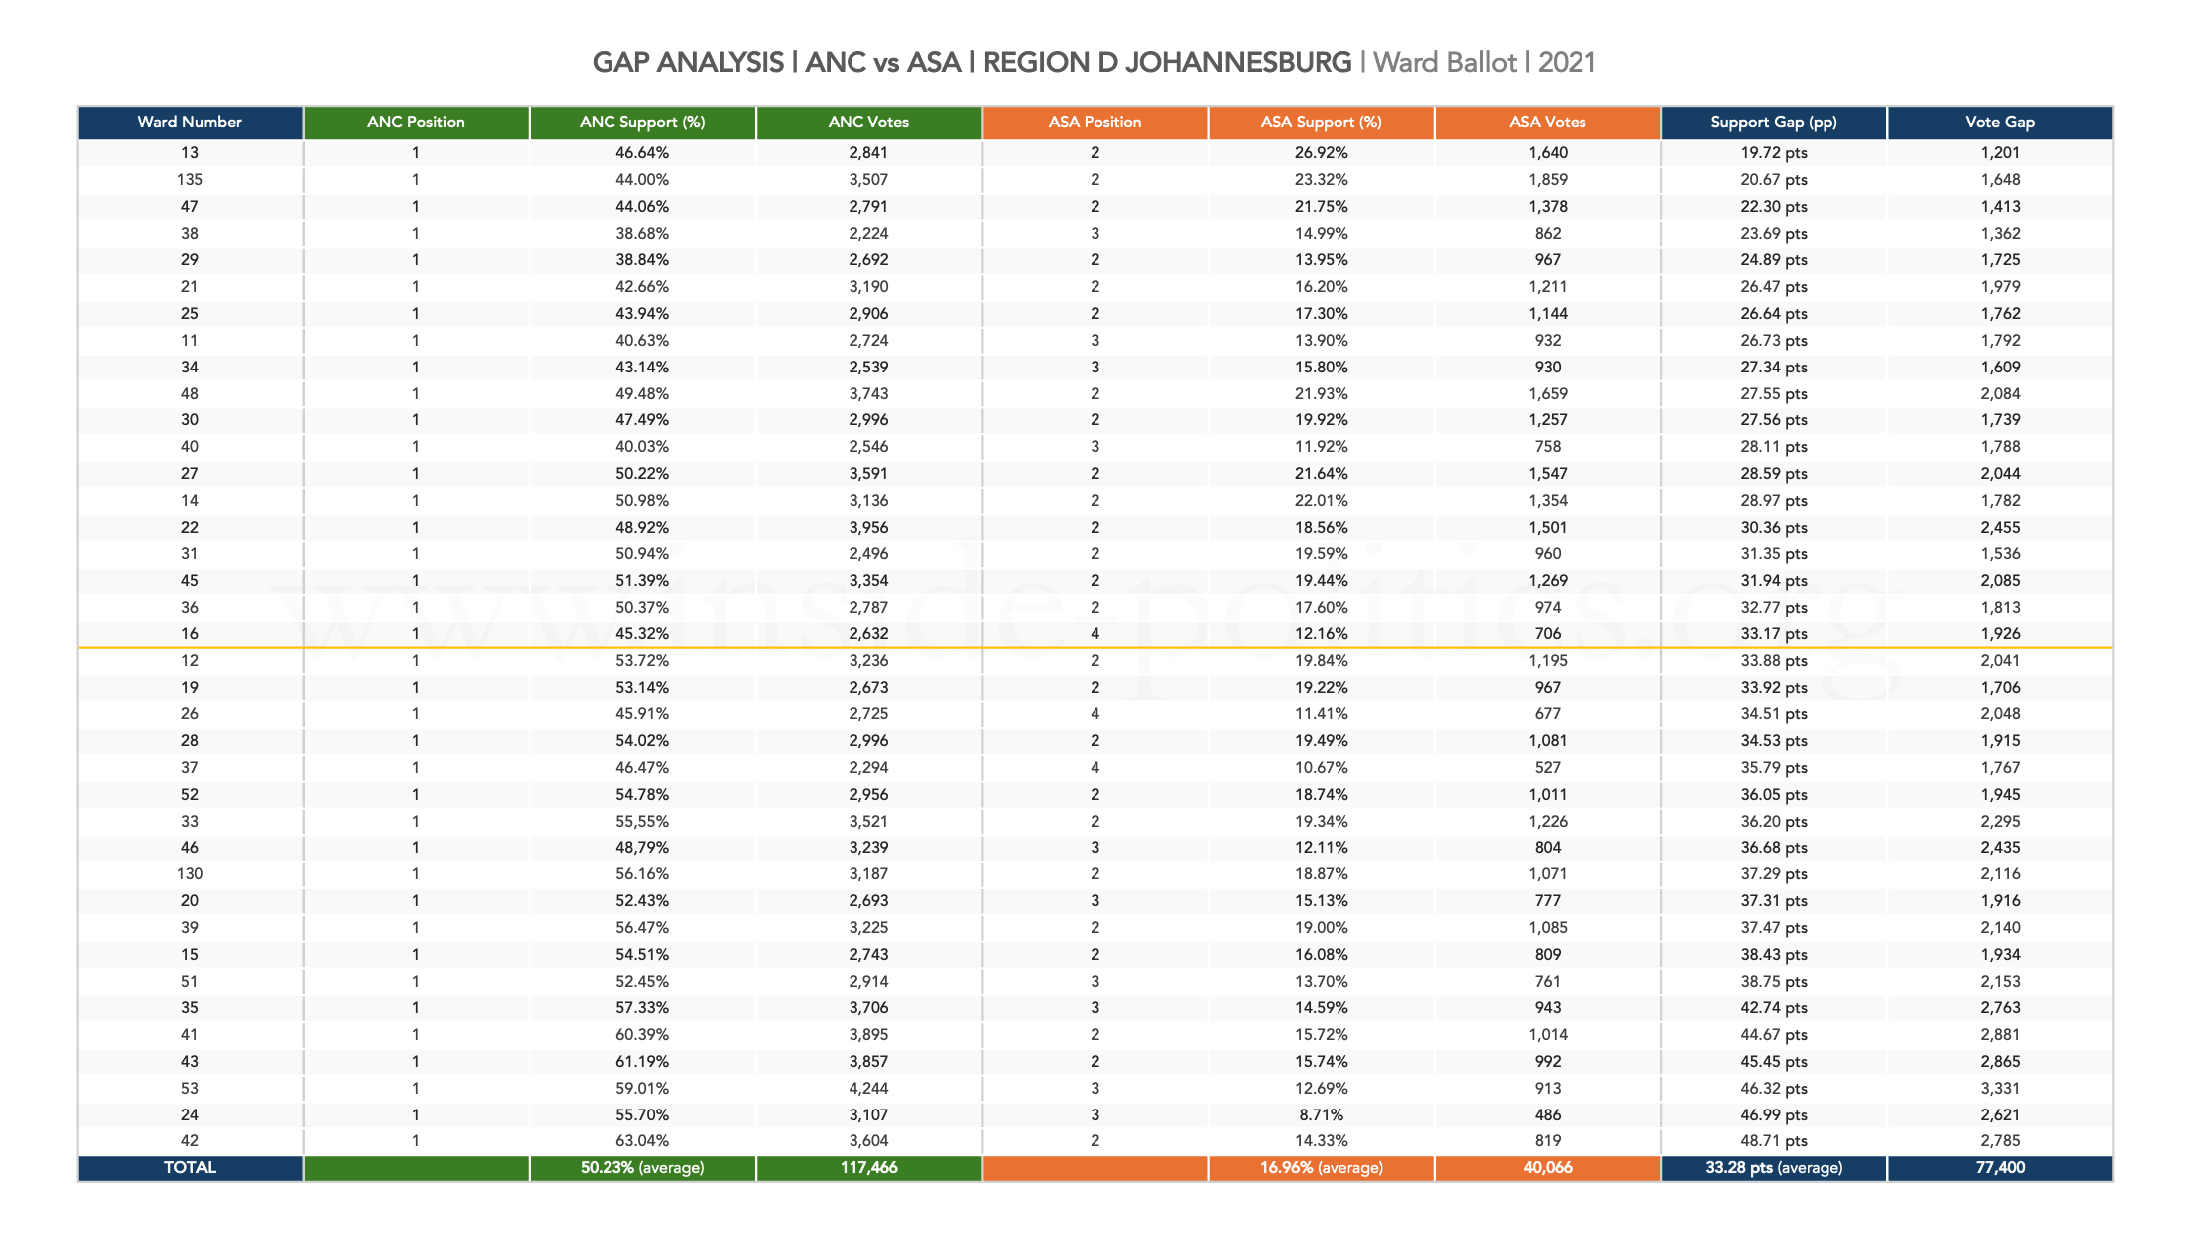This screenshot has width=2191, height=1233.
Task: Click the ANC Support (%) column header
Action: (x=642, y=123)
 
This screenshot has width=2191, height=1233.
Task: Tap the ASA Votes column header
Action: (x=1547, y=123)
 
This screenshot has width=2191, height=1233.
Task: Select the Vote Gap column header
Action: (x=1999, y=123)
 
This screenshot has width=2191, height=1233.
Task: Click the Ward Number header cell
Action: (x=189, y=123)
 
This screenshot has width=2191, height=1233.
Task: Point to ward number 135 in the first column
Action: (x=189, y=180)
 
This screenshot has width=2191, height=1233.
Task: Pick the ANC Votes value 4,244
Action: (x=868, y=1088)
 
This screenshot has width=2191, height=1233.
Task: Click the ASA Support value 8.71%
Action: (x=1321, y=1114)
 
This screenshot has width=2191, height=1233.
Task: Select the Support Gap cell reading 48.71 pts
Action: (x=1773, y=1141)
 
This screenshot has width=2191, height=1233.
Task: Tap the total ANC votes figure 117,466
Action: (x=868, y=1168)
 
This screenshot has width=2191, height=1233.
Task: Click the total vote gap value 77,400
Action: (x=1999, y=1168)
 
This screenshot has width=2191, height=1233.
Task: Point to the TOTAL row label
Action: (x=189, y=1168)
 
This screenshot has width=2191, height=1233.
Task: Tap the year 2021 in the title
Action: (x=1567, y=63)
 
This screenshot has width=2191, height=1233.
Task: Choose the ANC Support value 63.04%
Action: (x=642, y=1141)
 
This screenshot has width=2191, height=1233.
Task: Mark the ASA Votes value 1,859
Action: (x=1547, y=180)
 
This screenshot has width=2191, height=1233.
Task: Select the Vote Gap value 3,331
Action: (x=1999, y=1088)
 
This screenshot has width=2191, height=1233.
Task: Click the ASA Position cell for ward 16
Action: (x=1095, y=634)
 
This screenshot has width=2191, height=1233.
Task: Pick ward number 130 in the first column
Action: (x=189, y=874)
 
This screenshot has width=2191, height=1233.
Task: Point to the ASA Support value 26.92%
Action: (x=1321, y=153)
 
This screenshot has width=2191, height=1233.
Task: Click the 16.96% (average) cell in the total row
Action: (x=1321, y=1168)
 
